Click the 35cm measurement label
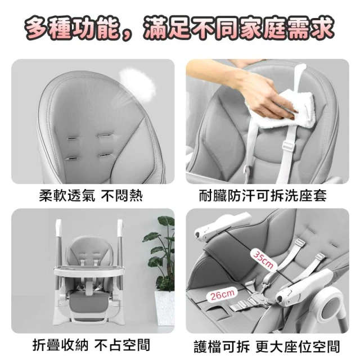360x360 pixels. (263, 259)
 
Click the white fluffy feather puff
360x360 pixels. (138, 83)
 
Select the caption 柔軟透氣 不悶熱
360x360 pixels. (91, 196)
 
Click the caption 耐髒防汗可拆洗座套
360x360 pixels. (263, 196)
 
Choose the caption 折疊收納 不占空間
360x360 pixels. (91, 345)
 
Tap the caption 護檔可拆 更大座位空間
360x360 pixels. (267, 346)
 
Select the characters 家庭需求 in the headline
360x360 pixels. (285, 28)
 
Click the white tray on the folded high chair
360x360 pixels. (89, 272)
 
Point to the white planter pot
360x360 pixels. (164, 308)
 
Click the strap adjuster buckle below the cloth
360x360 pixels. (289, 146)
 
